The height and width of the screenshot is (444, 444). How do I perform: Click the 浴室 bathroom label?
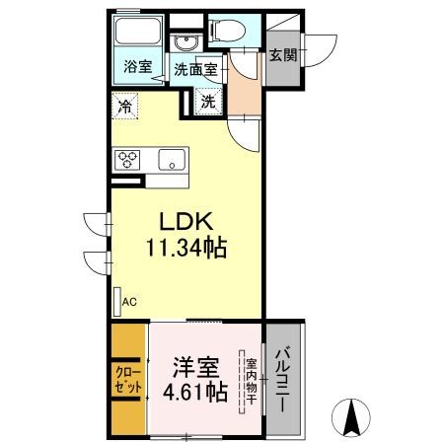tap(137, 68)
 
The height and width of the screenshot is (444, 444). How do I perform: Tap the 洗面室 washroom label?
tap(194, 69)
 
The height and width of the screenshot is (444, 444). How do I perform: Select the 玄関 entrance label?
tap(283, 55)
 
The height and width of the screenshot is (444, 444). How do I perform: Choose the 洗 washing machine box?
tap(209, 100)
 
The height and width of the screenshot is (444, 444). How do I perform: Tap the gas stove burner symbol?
tap(129, 159)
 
